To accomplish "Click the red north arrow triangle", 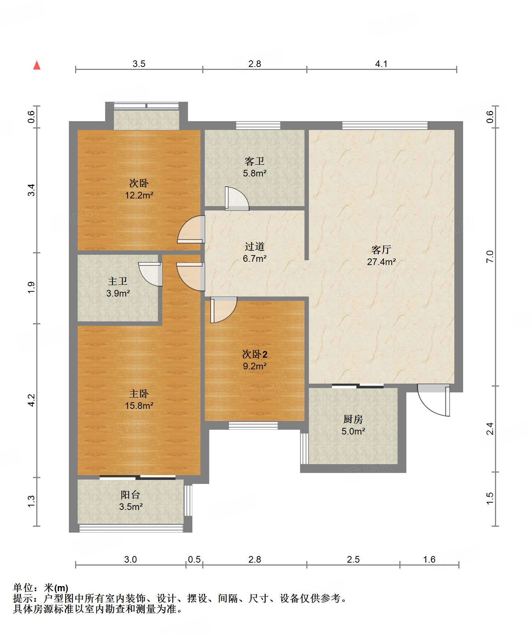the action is (x=37, y=65).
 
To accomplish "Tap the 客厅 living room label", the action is (x=381, y=250).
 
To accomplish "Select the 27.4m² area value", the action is (x=381, y=262).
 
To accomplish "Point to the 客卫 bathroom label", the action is (x=255, y=161).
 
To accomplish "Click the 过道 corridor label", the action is (x=255, y=246).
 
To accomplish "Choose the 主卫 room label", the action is (x=118, y=281).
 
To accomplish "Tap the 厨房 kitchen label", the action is (x=353, y=419).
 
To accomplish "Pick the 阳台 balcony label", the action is (x=130, y=495).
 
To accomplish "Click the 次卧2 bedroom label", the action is (x=255, y=354).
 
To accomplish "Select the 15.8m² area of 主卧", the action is (x=139, y=406).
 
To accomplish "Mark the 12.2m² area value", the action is (x=139, y=195).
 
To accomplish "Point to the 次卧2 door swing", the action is (x=223, y=310).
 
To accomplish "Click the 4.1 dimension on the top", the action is (x=381, y=64).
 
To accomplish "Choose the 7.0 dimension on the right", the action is (x=490, y=256).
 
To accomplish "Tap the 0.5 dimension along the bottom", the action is (x=194, y=559).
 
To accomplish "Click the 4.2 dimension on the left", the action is (x=32, y=400).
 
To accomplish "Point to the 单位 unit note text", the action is (x=41, y=588).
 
